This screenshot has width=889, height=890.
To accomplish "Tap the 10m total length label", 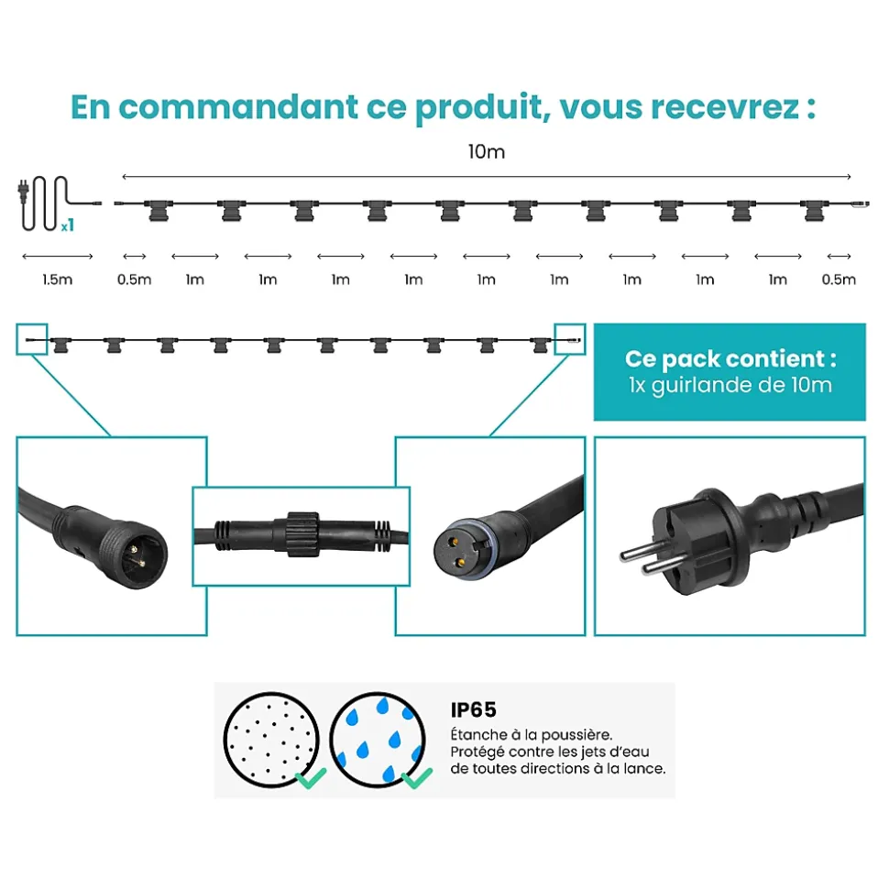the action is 487,151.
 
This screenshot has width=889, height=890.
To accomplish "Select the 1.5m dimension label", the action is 58,280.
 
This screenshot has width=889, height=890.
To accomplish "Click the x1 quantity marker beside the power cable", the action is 68,225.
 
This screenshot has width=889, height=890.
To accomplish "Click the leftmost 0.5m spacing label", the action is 135,280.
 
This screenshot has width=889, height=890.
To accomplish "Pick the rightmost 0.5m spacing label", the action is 839,280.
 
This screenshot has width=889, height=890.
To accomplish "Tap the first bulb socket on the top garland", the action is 159,211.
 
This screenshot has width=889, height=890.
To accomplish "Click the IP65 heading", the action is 474,709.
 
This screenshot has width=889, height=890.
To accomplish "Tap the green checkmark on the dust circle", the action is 311,777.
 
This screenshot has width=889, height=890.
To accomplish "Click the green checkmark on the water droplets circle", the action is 417,777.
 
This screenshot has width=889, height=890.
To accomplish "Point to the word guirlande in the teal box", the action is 701,386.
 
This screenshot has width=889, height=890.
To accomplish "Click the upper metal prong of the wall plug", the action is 639,551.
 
